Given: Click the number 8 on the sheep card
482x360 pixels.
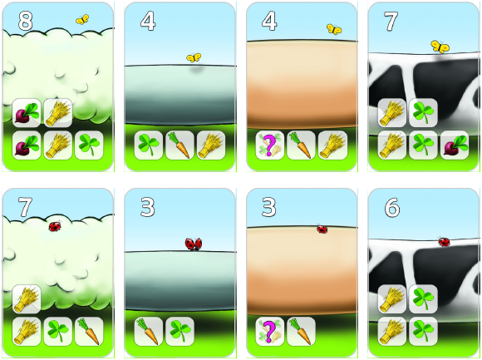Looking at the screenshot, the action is (x=25, y=21).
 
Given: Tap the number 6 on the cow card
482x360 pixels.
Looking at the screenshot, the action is (x=392, y=207).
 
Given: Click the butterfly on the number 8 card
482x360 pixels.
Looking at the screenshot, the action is (x=82, y=19).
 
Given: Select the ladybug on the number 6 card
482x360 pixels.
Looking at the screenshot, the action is (x=445, y=242).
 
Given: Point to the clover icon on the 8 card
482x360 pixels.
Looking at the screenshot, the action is (x=89, y=145).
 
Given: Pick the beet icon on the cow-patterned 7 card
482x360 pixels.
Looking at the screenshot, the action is (x=455, y=145).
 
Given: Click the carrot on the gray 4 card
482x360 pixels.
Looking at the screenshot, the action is (x=180, y=145).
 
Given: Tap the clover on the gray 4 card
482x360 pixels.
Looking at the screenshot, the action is (x=149, y=145).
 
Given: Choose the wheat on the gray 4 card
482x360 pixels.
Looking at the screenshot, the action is (x=211, y=145).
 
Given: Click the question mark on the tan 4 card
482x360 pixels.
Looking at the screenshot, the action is (x=269, y=145).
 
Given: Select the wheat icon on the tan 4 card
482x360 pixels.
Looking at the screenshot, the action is (x=332, y=145).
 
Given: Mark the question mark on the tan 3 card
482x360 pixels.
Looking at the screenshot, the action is (x=269, y=331).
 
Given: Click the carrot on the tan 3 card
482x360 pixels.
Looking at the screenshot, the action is (x=301, y=331).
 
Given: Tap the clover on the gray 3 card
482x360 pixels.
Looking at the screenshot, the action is (x=180, y=331).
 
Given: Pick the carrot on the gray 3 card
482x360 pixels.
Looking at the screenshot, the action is (x=149, y=331).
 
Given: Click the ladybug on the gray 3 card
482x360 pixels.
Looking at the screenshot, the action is (x=194, y=244).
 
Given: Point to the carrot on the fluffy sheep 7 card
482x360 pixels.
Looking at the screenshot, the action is (x=89, y=331).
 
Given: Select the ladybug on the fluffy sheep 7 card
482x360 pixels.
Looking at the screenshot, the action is (x=56, y=226).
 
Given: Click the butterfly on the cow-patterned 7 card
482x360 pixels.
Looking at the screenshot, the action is (x=440, y=47).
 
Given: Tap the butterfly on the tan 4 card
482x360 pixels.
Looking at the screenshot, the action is (x=334, y=29).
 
